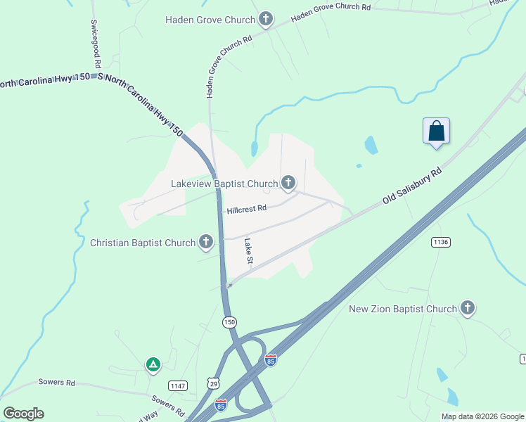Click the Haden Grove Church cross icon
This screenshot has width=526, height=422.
265,19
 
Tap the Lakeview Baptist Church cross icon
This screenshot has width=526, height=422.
288,184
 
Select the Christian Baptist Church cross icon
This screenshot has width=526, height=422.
206,243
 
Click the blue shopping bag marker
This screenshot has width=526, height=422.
436,131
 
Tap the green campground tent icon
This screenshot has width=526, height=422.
153,364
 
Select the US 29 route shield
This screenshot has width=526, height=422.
213,382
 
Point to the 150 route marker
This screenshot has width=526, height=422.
229,322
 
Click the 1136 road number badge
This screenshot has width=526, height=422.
441,242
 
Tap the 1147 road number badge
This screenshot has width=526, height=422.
178,385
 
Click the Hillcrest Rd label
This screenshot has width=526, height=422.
247,209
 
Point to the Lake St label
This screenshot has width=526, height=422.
248,251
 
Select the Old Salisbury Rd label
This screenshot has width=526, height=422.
413,186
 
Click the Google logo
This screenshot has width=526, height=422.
23,413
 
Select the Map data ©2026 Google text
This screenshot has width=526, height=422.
482,416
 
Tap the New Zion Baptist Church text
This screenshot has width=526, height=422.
403,309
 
